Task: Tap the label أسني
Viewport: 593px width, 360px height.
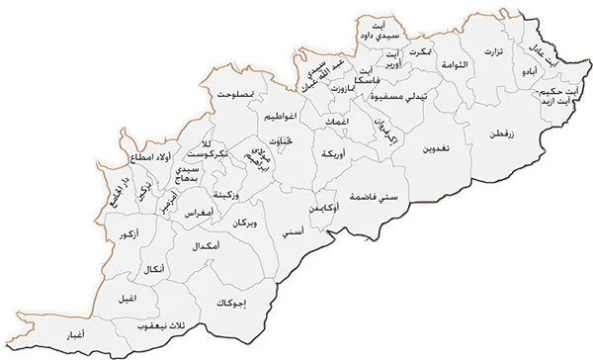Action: [293, 233]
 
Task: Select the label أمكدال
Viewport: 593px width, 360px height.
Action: [203, 244]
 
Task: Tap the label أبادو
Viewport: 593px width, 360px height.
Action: [531, 73]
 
